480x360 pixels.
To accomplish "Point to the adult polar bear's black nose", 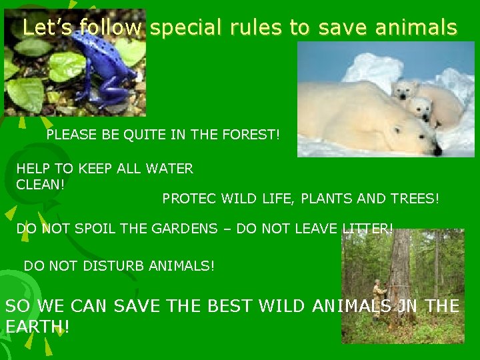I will (437, 152).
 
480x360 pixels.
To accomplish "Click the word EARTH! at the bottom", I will (37, 327).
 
